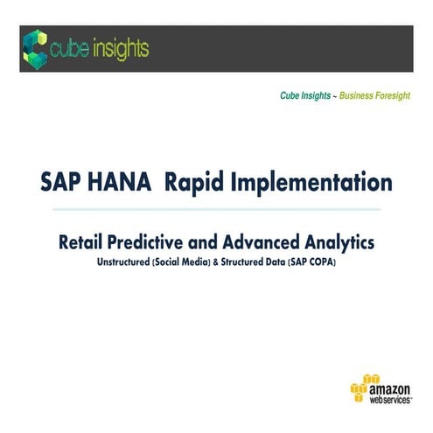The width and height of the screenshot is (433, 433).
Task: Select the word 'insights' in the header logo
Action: click(119, 49)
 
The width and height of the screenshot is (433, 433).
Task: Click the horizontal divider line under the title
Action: click(216, 210)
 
